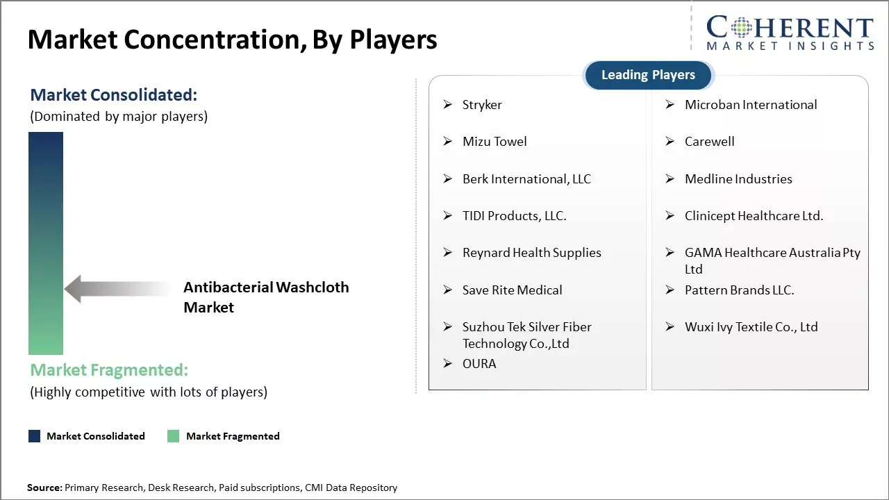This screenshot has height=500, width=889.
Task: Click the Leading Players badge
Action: coord(648,75)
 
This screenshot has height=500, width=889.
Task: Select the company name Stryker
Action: coord(482,105)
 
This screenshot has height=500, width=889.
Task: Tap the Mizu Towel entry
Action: coord(495,142)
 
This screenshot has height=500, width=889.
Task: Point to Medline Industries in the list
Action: coord(738,179)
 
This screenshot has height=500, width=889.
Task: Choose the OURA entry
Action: coord(479,364)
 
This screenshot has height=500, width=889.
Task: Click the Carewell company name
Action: coord(709,142)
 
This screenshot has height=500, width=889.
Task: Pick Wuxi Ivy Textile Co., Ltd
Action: coord(751,327)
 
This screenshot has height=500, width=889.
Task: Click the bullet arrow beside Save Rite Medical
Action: coord(448,290)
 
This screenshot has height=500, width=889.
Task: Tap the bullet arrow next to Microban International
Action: coord(670,105)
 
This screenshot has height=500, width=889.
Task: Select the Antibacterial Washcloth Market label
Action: coord(266,297)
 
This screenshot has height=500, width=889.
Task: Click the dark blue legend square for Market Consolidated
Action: coord(35,436)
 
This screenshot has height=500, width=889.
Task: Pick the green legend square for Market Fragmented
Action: coord(174,436)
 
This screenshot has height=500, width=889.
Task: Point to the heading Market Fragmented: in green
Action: coord(109,370)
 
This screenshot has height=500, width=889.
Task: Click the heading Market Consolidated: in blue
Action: coord(113,95)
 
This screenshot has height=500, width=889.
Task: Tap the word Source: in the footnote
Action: coord(44,487)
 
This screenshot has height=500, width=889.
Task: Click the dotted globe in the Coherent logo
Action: coord(740,28)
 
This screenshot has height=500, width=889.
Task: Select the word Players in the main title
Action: coord(393,40)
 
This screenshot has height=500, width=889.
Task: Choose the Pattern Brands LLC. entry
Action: coord(739,290)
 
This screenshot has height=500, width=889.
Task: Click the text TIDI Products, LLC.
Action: coord(515,216)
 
